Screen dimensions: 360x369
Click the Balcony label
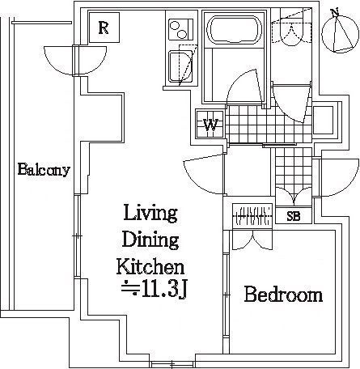44,170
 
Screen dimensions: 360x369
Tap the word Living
150,213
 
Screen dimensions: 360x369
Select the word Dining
150,240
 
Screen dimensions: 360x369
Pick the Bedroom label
283,295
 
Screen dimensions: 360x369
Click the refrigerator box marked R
104,28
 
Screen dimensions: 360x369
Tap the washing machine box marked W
210,124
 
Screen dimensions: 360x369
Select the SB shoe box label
294,216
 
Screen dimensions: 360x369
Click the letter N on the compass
335,12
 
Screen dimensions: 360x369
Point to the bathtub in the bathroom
234,29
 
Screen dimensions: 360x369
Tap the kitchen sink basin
180,66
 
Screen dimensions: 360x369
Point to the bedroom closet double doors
252,240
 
